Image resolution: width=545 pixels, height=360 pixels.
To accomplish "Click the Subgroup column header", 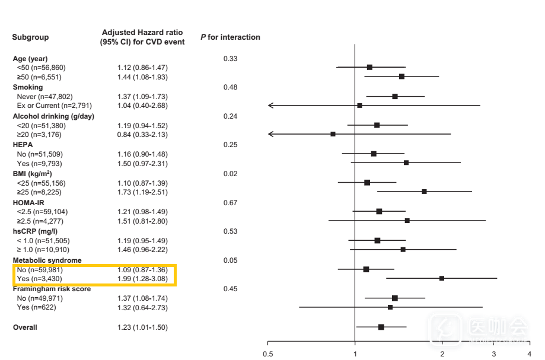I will click(30, 37).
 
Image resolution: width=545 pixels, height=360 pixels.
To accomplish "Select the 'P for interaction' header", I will click(230, 37).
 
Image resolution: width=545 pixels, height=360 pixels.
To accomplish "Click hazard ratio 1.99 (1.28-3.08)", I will click(142, 279).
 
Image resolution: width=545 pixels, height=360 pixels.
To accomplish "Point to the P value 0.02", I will click(230, 174).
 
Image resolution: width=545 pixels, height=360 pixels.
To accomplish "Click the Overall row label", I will click(25, 327).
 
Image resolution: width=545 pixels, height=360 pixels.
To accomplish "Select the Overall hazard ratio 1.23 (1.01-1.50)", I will click(142, 327).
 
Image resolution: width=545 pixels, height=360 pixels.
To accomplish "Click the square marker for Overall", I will click(381, 327).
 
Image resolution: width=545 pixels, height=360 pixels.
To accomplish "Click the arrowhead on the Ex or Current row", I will click(270, 106).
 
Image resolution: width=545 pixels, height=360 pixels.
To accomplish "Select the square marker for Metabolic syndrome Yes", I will click(442, 278).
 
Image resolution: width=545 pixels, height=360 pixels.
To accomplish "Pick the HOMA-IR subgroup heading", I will click(28, 202).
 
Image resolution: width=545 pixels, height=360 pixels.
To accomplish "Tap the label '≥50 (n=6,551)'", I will click(40, 77).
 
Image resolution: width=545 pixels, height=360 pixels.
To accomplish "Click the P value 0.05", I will click(230, 260).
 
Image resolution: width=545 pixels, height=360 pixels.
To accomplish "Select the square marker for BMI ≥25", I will click(425, 192).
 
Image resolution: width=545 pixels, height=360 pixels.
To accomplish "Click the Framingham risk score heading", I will click(52, 289).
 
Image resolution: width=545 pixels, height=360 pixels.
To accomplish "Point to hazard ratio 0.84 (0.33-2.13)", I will click(142, 135).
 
